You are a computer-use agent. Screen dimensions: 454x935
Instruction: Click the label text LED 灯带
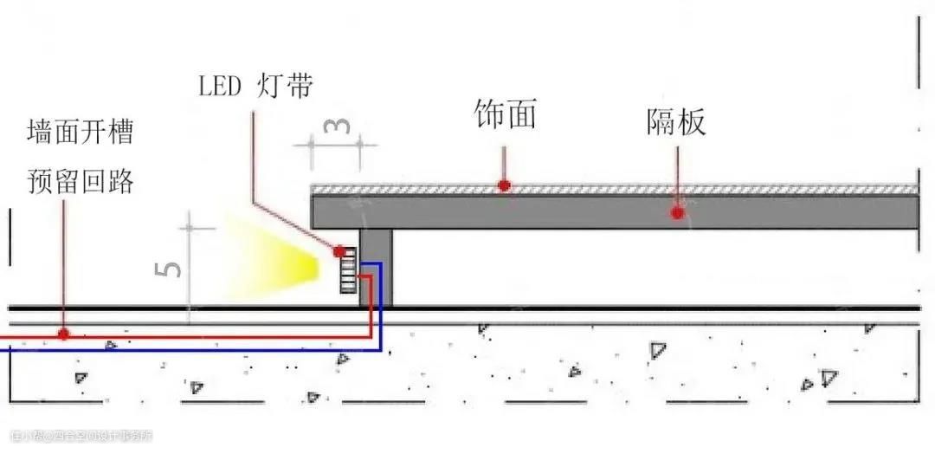click(x=255, y=86)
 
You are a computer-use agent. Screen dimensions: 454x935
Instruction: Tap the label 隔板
click(x=676, y=123)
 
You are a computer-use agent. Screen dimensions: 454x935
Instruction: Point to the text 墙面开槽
click(x=80, y=134)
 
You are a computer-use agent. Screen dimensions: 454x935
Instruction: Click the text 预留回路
click(x=80, y=183)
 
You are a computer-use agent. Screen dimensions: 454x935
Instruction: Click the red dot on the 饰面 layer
click(x=503, y=185)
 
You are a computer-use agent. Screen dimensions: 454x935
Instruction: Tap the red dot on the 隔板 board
click(x=677, y=212)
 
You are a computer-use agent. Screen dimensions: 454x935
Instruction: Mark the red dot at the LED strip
click(x=339, y=251)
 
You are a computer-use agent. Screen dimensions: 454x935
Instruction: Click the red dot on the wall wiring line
click(x=62, y=334)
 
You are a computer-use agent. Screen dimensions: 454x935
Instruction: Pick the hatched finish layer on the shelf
click(x=606, y=189)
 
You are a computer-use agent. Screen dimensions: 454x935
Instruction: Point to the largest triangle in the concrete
click(x=658, y=350)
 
